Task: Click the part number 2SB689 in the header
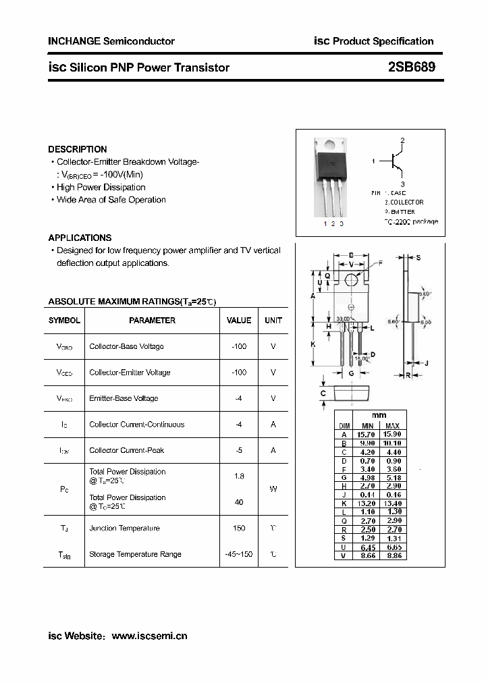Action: (x=411, y=67)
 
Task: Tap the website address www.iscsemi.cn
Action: (x=149, y=635)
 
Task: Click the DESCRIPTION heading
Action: (x=78, y=149)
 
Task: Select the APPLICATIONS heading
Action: (x=80, y=238)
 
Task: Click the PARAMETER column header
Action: (x=152, y=321)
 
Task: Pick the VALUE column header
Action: (x=239, y=321)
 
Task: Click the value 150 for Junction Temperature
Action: (x=239, y=528)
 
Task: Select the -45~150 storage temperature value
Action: (x=239, y=554)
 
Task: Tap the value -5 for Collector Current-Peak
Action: (x=239, y=450)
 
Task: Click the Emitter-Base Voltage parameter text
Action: (x=124, y=398)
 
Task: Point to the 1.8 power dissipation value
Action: (x=239, y=476)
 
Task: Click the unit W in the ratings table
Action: (x=273, y=489)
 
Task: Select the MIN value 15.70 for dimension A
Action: (x=367, y=435)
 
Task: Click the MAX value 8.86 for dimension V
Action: (x=392, y=555)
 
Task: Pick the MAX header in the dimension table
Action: (x=392, y=426)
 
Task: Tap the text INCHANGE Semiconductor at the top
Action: (x=111, y=41)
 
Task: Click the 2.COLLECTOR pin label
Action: (x=404, y=202)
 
